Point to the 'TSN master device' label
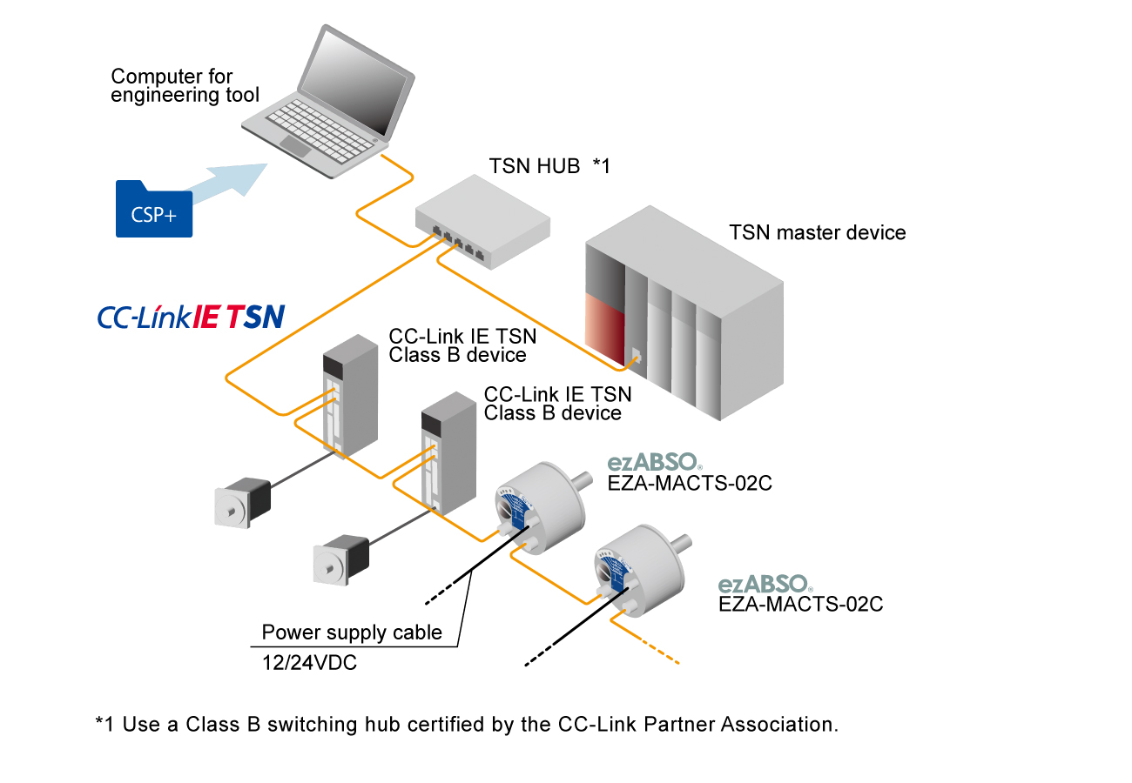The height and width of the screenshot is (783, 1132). [817, 232]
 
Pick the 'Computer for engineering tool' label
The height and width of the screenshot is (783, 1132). [185, 86]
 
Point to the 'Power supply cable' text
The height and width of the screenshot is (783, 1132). [352, 632]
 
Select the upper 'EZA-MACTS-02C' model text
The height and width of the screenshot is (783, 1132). [690, 484]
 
